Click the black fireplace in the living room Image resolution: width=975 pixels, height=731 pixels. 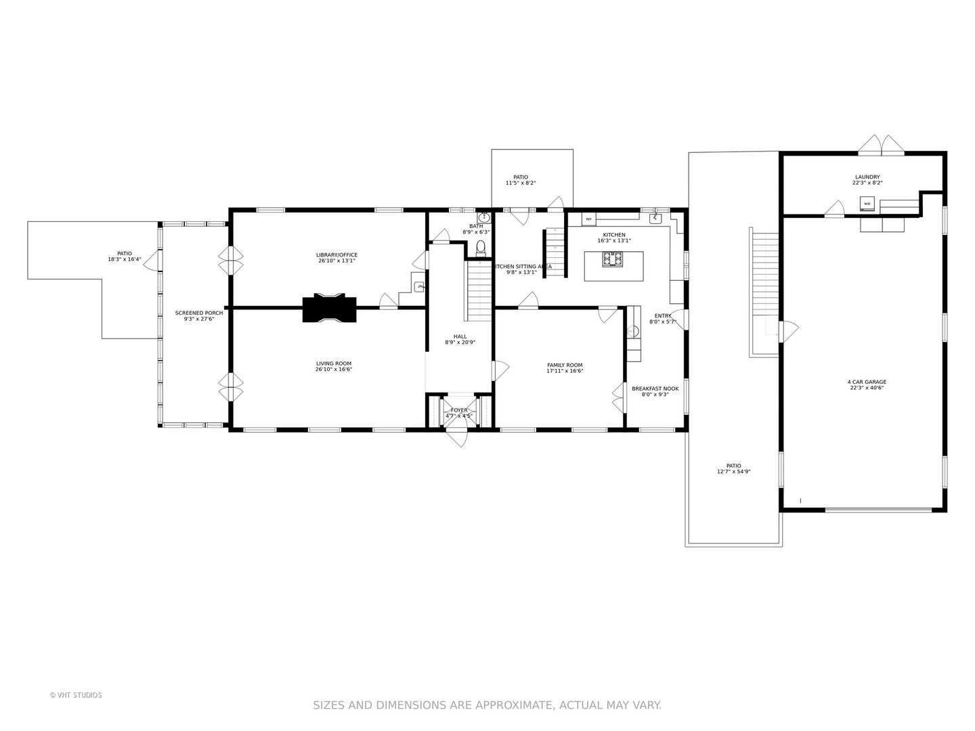(329, 309)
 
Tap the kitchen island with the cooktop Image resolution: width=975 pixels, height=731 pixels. (613, 265)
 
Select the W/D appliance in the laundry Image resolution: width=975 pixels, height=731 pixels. (867, 203)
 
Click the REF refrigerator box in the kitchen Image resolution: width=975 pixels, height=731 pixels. (588, 219)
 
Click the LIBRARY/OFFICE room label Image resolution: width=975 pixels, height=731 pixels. (337, 255)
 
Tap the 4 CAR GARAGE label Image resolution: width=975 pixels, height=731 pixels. (867, 382)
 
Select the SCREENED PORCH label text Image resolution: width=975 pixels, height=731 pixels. (199, 313)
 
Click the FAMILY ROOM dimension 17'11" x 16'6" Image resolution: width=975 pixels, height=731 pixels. (565, 371)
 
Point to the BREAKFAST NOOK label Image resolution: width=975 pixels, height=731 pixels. (655, 389)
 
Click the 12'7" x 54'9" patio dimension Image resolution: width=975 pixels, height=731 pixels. (733, 472)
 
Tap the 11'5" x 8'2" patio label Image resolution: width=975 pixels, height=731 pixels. (520, 183)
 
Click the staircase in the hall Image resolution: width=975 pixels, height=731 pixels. (479, 291)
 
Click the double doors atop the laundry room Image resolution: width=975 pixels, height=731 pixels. (882, 145)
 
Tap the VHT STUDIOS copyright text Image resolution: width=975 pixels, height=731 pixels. (76, 695)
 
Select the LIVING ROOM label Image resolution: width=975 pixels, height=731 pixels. (333, 363)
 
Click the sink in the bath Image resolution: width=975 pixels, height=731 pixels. (484, 218)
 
